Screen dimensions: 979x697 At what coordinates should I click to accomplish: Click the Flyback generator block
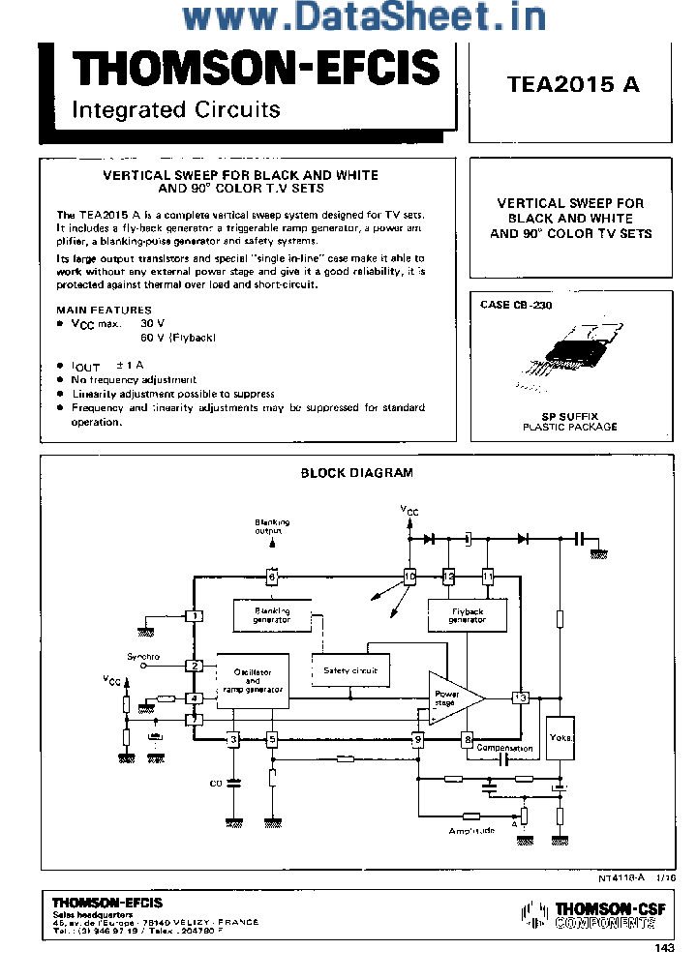[467, 615]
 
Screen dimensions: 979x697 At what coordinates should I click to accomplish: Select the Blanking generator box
[272, 615]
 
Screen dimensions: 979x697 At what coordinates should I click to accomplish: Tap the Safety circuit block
[349, 669]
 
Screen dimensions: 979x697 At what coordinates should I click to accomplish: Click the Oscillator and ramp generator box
[253, 681]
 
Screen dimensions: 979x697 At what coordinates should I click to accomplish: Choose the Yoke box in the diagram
[561, 738]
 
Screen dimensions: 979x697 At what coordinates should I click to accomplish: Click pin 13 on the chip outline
[521, 697]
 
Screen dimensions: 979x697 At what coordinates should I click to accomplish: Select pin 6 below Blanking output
[272, 578]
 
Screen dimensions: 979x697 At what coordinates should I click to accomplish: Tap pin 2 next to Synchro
[195, 666]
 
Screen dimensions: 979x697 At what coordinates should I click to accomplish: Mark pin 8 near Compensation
[467, 740]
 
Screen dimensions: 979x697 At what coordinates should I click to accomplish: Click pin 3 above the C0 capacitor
[232, 740]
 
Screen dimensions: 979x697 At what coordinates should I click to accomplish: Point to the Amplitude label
[471, 831]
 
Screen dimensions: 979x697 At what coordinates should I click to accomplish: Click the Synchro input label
[143, 657]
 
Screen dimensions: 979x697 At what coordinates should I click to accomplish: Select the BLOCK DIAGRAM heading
[356, 473]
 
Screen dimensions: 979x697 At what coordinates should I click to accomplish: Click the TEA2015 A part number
[572, 84]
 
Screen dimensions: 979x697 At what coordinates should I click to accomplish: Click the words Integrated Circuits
[175, 109]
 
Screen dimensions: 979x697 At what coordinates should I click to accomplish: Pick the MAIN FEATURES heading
[104, 310]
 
